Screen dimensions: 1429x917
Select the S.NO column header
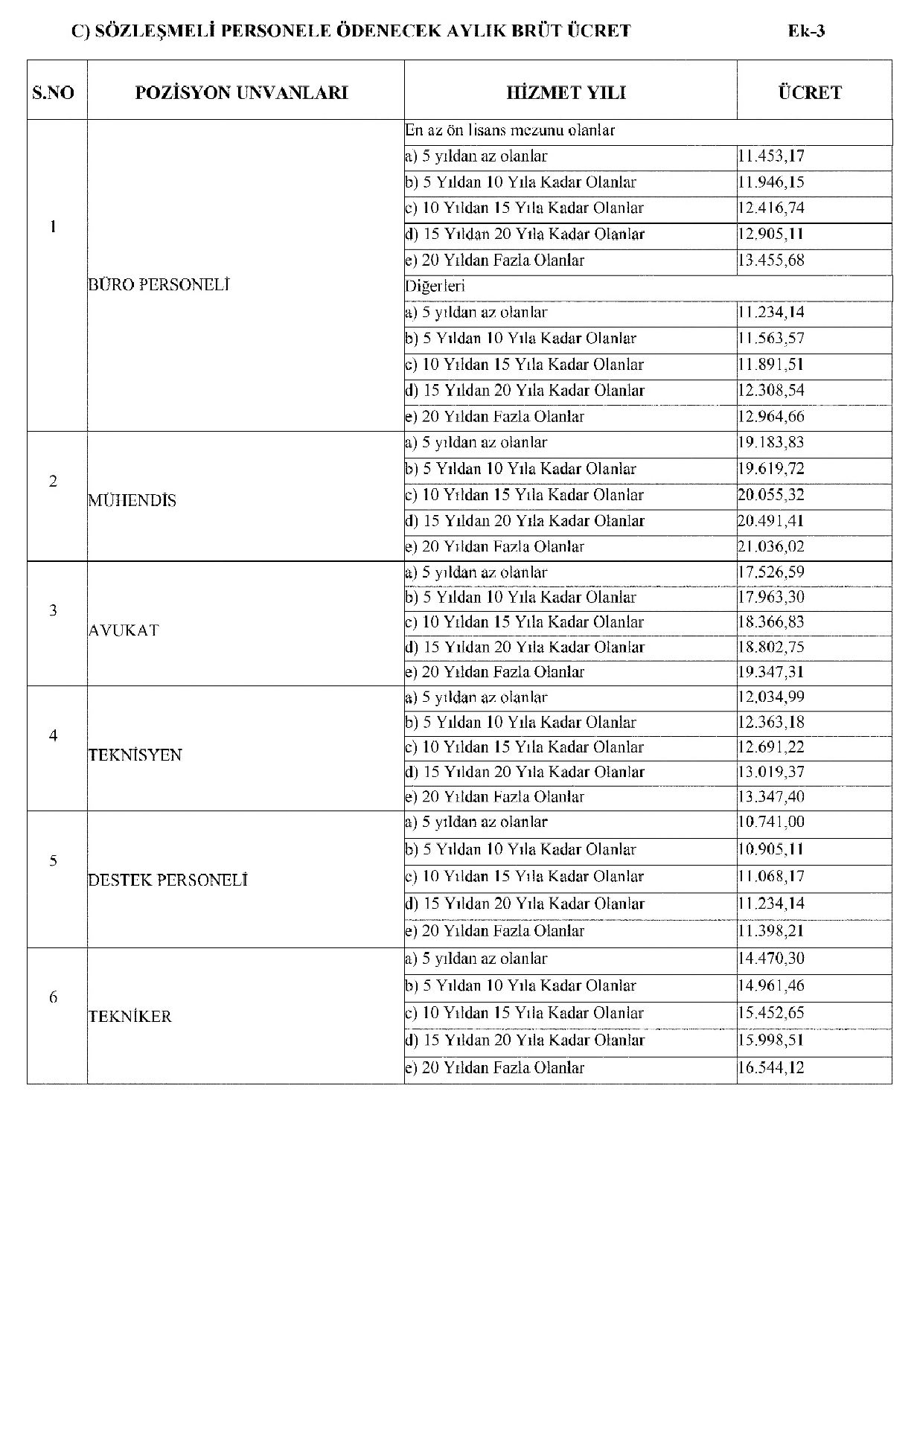click(x=54, y=93)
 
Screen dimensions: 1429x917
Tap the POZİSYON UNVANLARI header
click(x=241, y=93)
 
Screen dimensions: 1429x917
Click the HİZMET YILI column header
click(x=566, y=93)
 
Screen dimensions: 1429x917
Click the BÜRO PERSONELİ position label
click(x=159, y=284)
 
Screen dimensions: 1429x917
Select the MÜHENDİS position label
click(x=132, y=501)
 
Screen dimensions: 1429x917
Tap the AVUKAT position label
click(x=124, y=630)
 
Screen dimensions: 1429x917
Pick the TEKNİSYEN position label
click(x=135, y=755)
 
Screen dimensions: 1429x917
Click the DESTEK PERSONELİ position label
click(x=167, y=880)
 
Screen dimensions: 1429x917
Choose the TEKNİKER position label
click(x=130, y=1017)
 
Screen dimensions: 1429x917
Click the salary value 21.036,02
click(x=771, y=547)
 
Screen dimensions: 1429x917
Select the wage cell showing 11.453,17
click(x=771, y=156)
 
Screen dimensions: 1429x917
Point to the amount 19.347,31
click(x=771, y=672)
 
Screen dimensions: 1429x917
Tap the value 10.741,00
click(x=771, y=822)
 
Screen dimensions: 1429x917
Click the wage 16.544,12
click(x=771, y=1068)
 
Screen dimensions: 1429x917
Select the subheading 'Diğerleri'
click(x=435, y=286)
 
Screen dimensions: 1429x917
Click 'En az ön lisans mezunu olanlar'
click(x=511, y=130)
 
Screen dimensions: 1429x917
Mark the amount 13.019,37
click(x=771, y=772)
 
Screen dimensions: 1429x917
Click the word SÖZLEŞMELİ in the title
click(x=152, y=31)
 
